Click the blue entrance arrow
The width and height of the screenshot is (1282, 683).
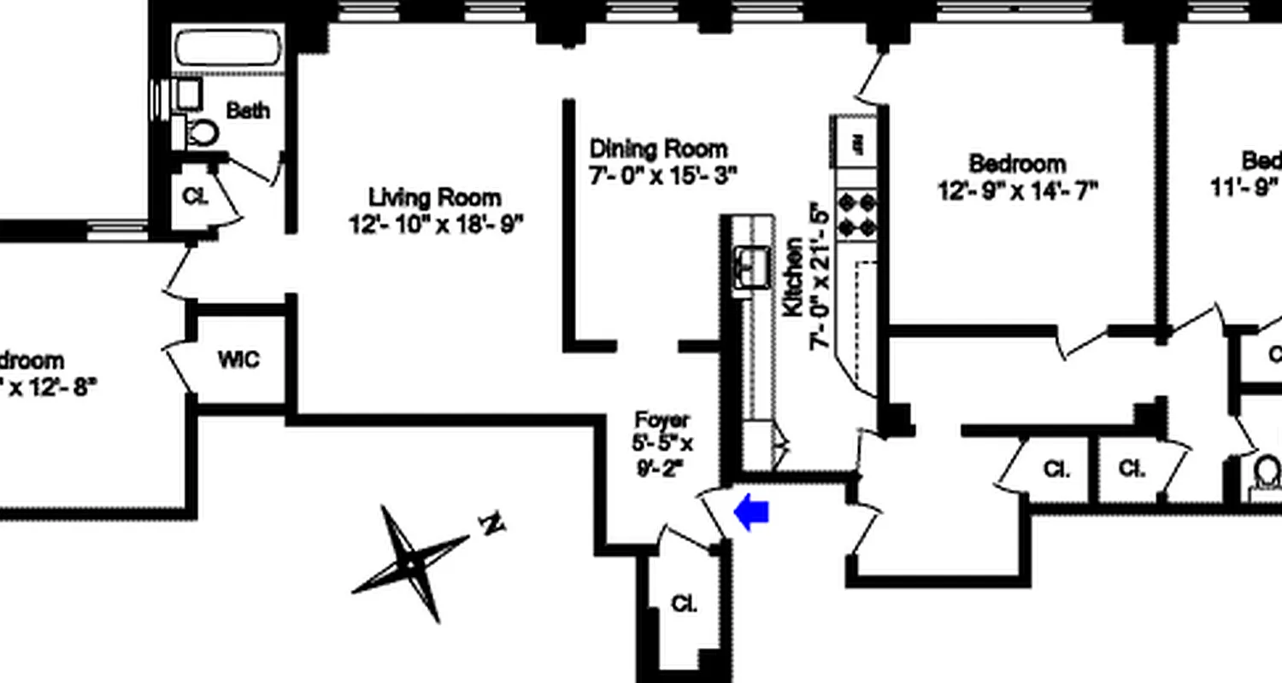click(752, 513)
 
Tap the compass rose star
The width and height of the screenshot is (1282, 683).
click(412, 563)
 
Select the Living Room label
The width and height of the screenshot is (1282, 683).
click(435, 198)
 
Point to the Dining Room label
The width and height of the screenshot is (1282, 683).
click(658, 149)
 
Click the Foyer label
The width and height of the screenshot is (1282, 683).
click(662, 421)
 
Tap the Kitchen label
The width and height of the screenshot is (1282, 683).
click(794, 277)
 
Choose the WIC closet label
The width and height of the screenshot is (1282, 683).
click(238, 359)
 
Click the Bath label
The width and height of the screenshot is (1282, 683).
click(248, 110)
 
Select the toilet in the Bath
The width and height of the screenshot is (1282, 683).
click(201, 132)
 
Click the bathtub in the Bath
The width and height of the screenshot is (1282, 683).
click(228, 49)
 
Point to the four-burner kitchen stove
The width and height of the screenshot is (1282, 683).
click(857, 213)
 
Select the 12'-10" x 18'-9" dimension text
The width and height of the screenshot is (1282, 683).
click(435, 225)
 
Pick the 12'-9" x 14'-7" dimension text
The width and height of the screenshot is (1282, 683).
click(1017, 190)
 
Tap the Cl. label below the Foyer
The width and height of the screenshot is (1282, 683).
click(684, 604)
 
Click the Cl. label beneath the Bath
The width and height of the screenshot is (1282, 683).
click(196, 196)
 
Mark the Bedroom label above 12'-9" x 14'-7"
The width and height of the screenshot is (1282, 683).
click(1017, 163)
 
